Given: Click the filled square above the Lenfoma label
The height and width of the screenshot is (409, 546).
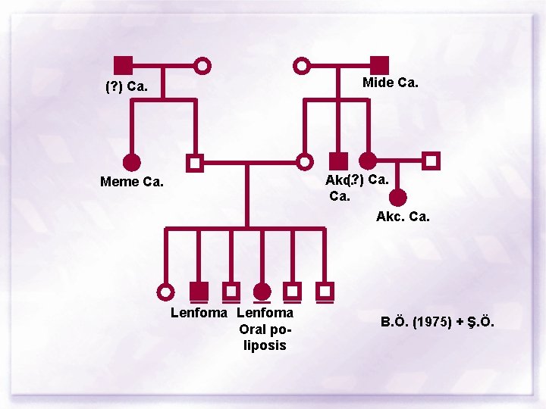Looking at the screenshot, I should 199,291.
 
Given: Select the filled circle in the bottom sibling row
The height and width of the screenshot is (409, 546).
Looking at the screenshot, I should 262,291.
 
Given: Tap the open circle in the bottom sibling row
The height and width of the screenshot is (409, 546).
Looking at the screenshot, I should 165,291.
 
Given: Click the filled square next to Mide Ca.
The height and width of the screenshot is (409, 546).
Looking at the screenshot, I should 380,66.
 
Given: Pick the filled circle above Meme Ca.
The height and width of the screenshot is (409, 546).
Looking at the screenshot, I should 132,162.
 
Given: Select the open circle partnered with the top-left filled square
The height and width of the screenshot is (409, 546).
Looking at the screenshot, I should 202,66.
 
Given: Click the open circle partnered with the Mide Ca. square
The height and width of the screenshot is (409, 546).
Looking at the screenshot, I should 302,66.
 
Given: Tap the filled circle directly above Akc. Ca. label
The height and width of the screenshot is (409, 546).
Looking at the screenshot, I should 398,198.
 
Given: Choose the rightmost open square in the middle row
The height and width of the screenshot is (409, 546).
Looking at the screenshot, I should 431,161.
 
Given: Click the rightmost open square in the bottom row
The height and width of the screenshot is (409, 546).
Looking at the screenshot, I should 325,291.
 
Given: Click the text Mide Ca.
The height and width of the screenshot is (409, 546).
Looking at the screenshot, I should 390,83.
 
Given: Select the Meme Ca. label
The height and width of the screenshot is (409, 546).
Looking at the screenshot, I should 132,181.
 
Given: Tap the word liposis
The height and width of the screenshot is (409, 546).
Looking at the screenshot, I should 265,345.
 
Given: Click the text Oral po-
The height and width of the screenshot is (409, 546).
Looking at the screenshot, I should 265,329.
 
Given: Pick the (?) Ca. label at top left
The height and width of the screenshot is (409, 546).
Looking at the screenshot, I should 126,86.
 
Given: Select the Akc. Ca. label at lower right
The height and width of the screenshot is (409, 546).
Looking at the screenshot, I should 403,217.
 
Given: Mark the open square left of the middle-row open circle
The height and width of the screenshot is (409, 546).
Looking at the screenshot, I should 195,162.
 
